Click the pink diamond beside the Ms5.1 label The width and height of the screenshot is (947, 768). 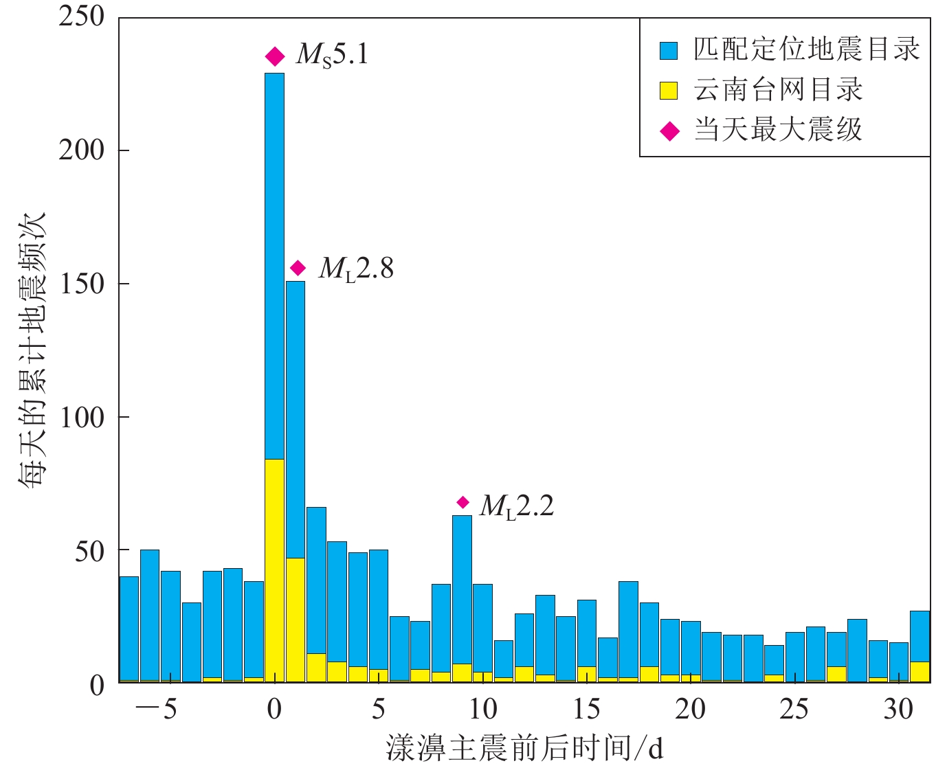click(x=275, y=56)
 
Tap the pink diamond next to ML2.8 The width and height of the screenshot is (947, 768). click(x=298, y=268)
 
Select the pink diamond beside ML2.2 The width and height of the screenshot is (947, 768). click(x=463, y=502)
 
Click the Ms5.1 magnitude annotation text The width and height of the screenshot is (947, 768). click(x=333, y=54)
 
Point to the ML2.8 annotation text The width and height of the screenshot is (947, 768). click(x=356, y=269)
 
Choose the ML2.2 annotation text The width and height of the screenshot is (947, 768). click(x=517, y=506)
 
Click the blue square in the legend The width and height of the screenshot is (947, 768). click(x=669, y=50)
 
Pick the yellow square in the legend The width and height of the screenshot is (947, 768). click(x=669, y=91)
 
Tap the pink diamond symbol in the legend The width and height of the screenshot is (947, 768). click(x=669, y=131)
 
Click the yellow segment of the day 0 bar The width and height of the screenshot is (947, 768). click(x=275, y=570)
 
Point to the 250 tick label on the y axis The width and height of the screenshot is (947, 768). click(x=81, y=16)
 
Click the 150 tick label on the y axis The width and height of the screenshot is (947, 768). click(x=81, y=284)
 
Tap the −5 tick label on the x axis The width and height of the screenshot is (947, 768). click(x=156, y=709)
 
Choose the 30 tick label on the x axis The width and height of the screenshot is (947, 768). click(x=898, y=709)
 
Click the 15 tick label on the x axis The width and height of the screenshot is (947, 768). click(x=586, y=709)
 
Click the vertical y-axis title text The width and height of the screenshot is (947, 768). click(x=32, y=350)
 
